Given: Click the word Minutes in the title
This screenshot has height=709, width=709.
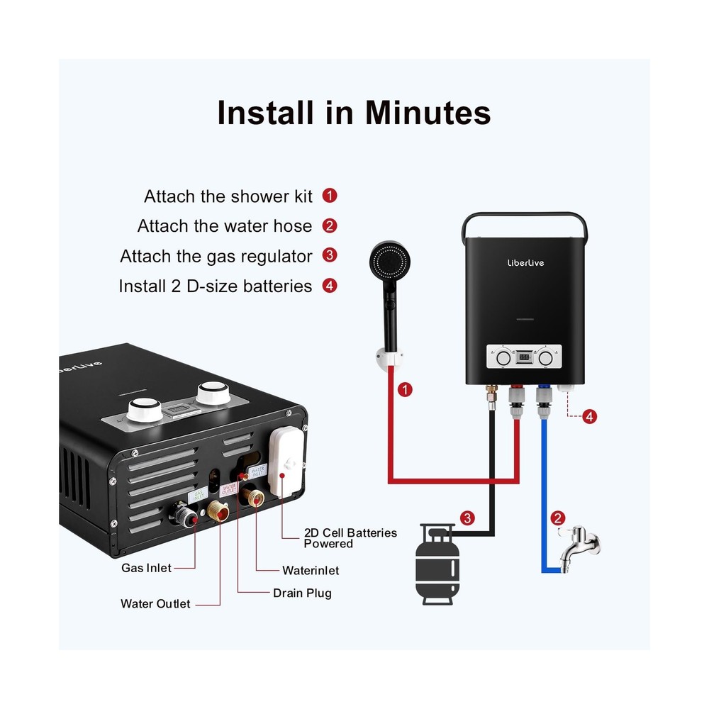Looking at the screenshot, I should (x=428, y=113).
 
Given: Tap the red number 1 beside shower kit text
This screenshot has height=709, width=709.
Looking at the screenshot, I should (x=329, y=196).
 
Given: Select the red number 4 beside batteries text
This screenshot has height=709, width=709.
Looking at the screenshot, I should (x=329, y=286).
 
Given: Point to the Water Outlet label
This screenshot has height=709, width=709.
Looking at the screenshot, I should (x=155, y=604).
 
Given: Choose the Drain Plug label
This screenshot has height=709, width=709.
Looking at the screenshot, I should (x=302, y=593).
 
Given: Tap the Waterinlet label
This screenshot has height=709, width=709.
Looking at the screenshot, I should (x=311, y=570).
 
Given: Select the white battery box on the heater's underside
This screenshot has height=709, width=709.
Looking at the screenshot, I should (x=287, y=464).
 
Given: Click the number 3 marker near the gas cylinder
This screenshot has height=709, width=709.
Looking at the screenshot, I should (x=466, y=518).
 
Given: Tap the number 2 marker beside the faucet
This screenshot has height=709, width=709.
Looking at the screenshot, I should (x=559, y=518).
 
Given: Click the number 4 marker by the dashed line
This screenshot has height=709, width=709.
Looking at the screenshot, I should (x=589, y=417).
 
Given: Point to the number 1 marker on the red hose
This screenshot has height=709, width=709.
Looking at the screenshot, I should (x=404, y=389).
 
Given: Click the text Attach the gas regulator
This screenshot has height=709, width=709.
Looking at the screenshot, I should (x=216, y=256).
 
